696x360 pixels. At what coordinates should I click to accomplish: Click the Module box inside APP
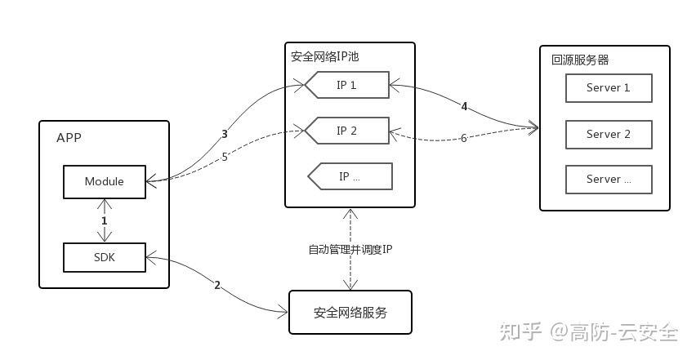[104, 181]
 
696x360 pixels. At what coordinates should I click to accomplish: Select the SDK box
[104, 257]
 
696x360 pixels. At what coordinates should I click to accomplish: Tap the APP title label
[69, 137]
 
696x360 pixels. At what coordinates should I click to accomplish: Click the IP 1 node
[347, 85]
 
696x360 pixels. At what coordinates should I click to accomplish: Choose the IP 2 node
[347, 131]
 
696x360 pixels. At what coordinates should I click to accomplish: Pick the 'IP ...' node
[350, 176]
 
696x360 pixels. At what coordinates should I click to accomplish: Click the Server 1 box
[609, 88]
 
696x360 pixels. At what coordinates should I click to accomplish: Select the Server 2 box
[609, 134]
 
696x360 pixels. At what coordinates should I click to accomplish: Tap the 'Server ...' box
[609, 179]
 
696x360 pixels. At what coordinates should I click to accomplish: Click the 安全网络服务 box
[350, 312]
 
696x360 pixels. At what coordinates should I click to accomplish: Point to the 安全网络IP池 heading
[324, 57]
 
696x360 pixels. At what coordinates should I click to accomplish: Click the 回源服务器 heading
[580, 60]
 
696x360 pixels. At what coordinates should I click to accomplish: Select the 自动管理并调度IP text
[350, 250]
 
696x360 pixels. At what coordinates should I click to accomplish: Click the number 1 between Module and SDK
[104, 220]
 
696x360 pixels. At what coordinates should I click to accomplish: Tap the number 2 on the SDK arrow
[216, 285]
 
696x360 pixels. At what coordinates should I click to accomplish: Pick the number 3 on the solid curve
[224, 134]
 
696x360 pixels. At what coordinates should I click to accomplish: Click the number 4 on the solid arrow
[464, 107]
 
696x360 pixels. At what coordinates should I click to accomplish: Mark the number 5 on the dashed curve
[224, 158]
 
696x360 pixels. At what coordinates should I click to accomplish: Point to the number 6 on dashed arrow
[463, 138]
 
